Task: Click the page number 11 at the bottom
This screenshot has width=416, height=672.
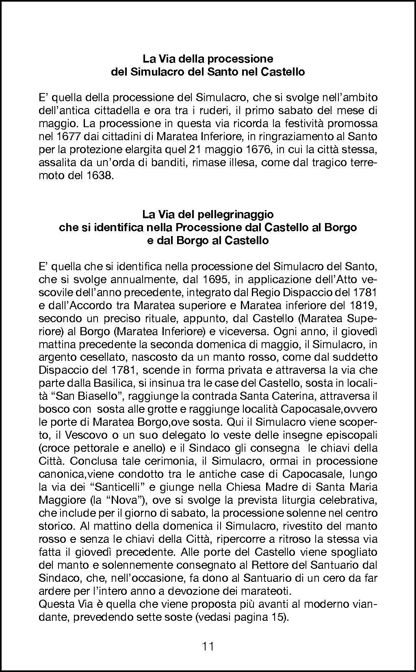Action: (208, 646)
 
